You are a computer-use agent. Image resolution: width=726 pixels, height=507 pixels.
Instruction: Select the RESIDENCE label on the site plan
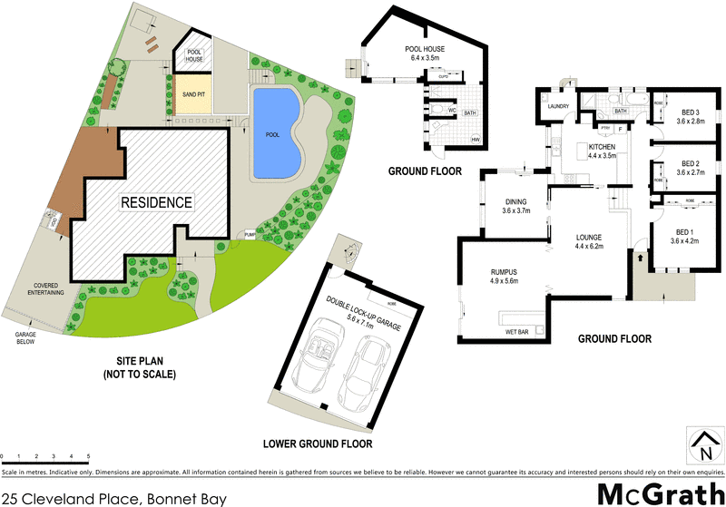[157, 202]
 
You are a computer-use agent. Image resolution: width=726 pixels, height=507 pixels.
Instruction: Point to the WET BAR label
[518, 332]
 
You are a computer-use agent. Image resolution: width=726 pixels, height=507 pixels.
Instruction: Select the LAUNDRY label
[557, 106]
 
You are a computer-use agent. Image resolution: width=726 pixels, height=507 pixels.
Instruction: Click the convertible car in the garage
[323, 358]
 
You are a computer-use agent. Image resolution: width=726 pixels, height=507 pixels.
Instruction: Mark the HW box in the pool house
[476, 140]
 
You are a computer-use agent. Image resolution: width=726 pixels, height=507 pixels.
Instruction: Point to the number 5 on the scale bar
[88, 455]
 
